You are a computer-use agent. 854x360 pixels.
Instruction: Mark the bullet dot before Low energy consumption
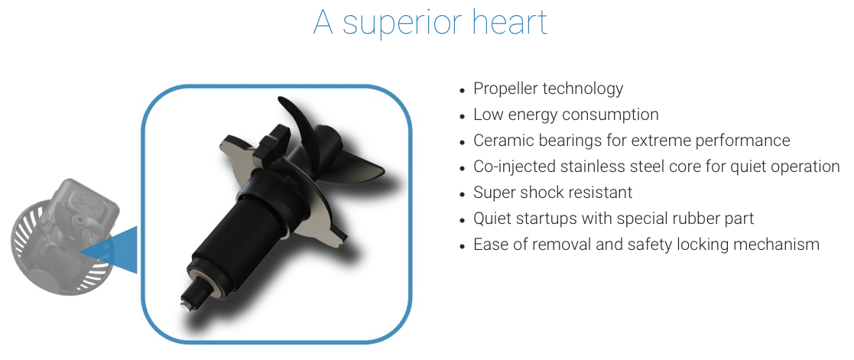463,116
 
